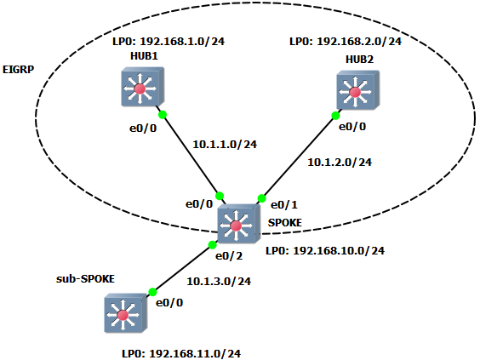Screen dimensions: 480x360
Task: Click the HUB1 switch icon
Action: (x=143, y=88)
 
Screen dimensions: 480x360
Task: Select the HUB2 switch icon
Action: (x=357, y=90)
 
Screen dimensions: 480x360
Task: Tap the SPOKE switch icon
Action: (x=238, y=224)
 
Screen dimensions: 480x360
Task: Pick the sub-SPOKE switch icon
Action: (x=125, y=313)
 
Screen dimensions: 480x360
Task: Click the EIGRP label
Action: (x=18, y=70)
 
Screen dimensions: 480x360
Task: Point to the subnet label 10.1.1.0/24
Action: (x=225, y=144)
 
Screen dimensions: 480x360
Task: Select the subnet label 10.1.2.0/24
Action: (x=340, y=163)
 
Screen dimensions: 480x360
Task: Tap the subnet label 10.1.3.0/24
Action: (x=219, y=282)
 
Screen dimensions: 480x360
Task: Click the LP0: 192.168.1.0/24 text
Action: (x=169, y=42)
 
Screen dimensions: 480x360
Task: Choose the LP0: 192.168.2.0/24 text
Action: (x=346, y=42)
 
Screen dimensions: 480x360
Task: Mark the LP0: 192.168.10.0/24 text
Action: (x=325, y=251)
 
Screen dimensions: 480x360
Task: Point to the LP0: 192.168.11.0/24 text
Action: (x=181, y=354)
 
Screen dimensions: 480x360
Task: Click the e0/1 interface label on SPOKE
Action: (x=284, y=205)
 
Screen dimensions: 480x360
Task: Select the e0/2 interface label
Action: (x=229, y=256)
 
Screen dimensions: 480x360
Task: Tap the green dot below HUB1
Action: (x=163, y=115)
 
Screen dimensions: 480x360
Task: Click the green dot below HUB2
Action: (x=335, y=116)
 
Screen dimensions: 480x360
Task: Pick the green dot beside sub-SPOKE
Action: (x=152, y=293)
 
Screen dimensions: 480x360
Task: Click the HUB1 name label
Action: (x=144, y=56)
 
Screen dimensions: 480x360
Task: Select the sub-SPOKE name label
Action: (x=85, y=279)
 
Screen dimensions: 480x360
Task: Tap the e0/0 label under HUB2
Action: (x=352, y=127)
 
